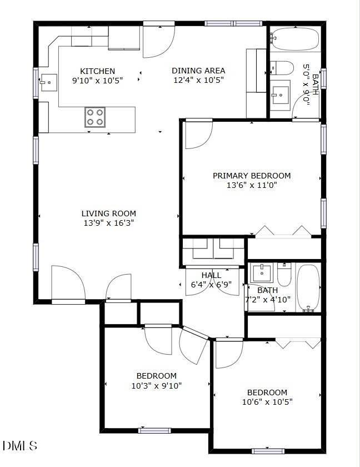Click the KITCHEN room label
point(98,71)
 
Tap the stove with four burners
point(95,117)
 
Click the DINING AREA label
point(198,71)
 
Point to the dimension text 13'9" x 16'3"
point(108,223)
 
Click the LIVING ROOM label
point(108,213)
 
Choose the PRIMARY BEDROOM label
point(252,176)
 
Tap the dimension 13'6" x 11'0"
point(252,185)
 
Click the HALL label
point(211,275)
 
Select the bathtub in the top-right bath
point(294,39)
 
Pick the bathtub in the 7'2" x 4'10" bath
point(308,287)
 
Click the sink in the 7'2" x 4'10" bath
point(261,272)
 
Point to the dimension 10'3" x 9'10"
point(157,385)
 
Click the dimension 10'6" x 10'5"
point(267,402)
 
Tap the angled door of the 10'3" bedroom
point(191,346)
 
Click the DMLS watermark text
point(20,445)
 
